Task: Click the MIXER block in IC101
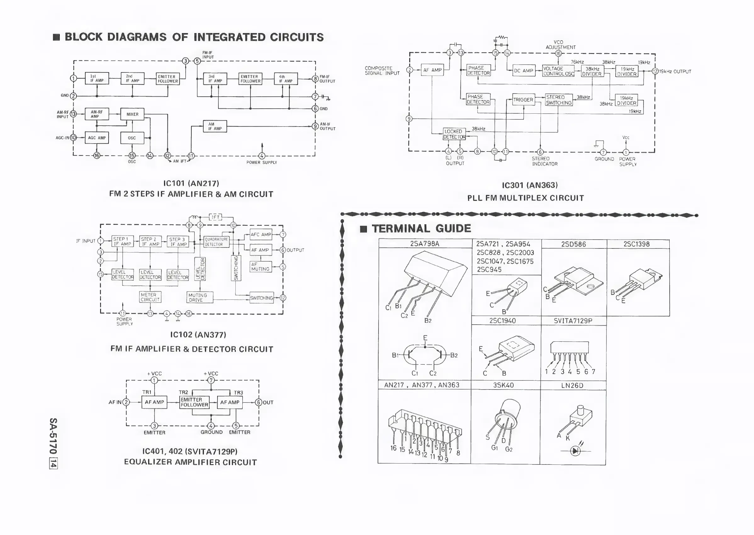click(x=132, y=114)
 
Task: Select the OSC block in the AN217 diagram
click(x=132, y=138)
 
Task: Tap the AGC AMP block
click(x=97, y=138)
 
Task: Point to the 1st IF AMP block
click(x=97, y=78)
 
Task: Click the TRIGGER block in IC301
click(x=523, y=100)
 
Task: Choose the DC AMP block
click(x=524, y=71)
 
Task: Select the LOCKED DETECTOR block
click(x=454, y=134)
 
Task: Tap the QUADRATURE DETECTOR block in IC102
click(x=216, y=242)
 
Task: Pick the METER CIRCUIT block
click(x=150, y=297)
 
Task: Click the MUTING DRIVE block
click(x=200, y=297)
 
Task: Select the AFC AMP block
click(x=261, y=235)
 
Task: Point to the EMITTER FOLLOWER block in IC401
click(x=194, y=402)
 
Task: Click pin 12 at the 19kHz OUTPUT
click(x=655, y=71)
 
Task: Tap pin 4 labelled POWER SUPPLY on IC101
click(x=262, y=156)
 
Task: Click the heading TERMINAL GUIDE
click(x=421, y=228)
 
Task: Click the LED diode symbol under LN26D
click(x=575, y=451)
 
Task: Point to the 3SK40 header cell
click(x=504, y=385)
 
